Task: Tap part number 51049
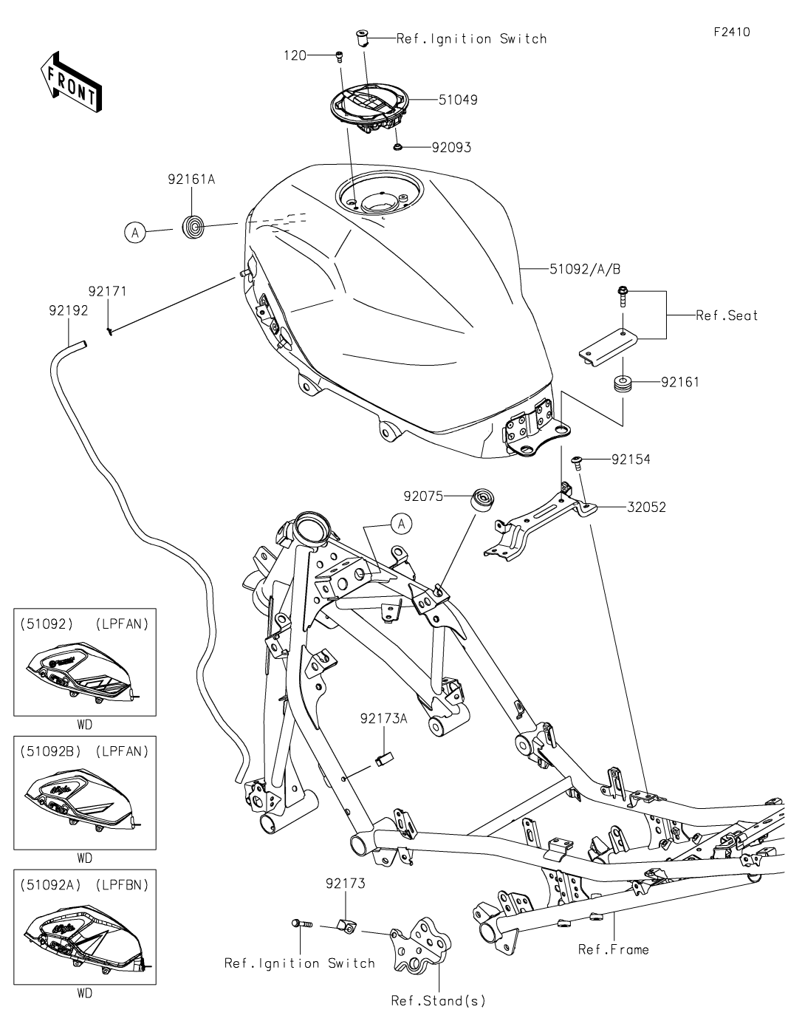(458, 100)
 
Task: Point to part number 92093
(451, 148)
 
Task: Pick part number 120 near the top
(295, 55)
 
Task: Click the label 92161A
(191, 179)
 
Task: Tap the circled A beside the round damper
(134, 233)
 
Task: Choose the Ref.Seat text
(727, 315)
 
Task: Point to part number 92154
(630, 460)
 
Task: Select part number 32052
(646, 508)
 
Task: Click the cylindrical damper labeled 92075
(483, 499)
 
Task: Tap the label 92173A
(383, 718)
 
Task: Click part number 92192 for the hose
(68, 311)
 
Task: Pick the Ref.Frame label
(613, 949)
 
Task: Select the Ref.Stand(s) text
(439, 1001)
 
